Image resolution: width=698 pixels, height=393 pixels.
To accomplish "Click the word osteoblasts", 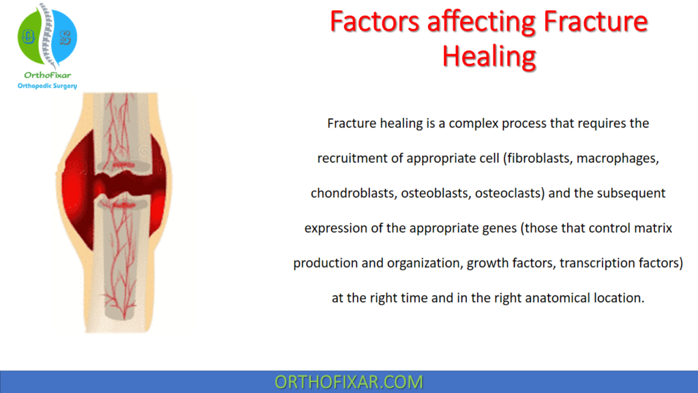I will click(x=434, y=193).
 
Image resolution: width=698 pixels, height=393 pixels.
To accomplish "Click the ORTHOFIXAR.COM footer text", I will click(x=348, y=382).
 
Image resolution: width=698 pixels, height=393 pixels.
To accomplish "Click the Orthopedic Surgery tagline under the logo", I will click(x=46, y=86).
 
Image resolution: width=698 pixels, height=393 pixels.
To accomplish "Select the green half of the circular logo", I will click(x=31, y=37).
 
